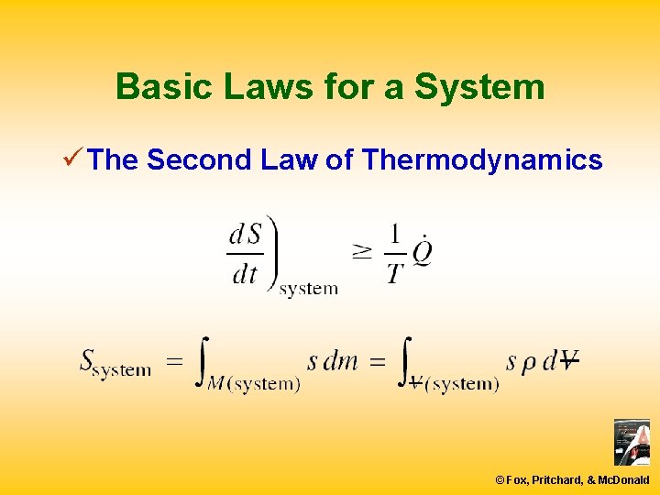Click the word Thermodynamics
click(x=482, y=160)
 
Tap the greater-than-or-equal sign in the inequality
click(x=362, y=251)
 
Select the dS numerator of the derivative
click(x=245, y=235)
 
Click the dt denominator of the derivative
click(x=244, y=273)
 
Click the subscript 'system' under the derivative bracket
click(x=308, y=289)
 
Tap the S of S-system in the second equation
click(x=88, y=360)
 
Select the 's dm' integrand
click(x=332, y=361)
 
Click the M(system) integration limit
click(x=254, y=384)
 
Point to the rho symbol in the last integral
click(x=529, y=362)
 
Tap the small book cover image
click(x=632, y=442)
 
